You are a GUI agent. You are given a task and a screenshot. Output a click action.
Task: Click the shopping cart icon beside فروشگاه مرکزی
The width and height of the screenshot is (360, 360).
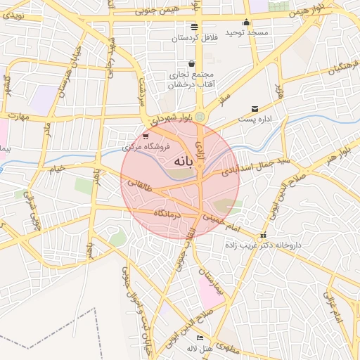click(145, 136)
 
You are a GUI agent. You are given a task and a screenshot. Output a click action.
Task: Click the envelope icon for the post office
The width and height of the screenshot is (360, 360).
click(254, 109)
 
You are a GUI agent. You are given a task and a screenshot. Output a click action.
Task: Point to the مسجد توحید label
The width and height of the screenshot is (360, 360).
click(243, 33)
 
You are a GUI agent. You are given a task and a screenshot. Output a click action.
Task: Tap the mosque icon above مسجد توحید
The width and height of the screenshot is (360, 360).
click(245, 22)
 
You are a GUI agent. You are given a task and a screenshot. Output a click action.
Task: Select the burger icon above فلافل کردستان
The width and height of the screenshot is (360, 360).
click(195, 27)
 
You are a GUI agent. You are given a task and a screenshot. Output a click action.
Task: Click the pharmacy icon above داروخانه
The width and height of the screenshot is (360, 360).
click(263, 236)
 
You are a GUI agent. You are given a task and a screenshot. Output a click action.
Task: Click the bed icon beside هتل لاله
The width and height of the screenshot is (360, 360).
click(200, 339)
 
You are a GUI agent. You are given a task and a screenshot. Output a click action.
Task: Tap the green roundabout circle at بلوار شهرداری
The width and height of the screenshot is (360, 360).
click(200, 117)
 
